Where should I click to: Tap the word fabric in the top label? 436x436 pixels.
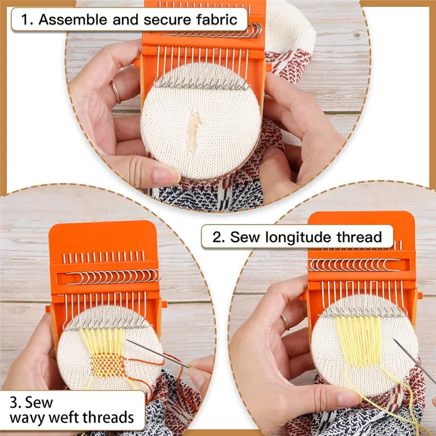[216, 20]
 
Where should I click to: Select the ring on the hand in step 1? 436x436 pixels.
[117, 92]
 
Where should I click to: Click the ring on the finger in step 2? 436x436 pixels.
[285, 322]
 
